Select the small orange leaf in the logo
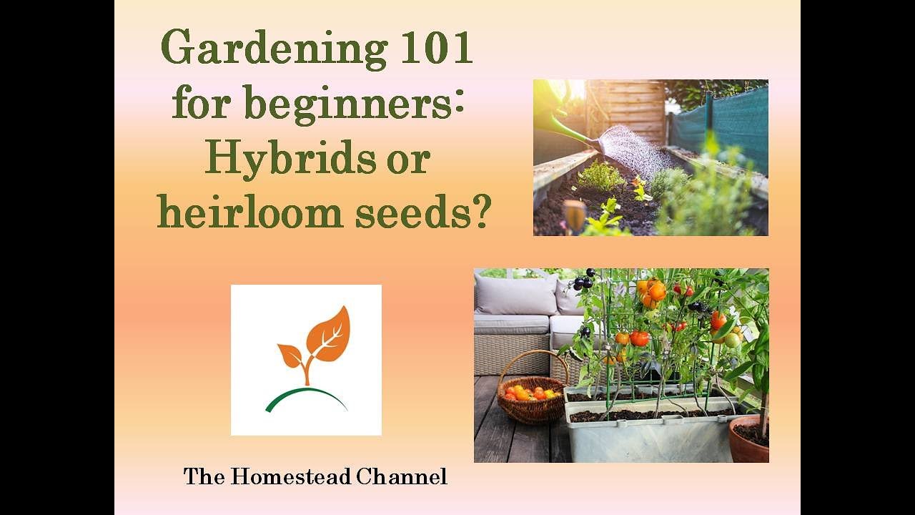[290, 355]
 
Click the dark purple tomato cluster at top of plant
[583, 280]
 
